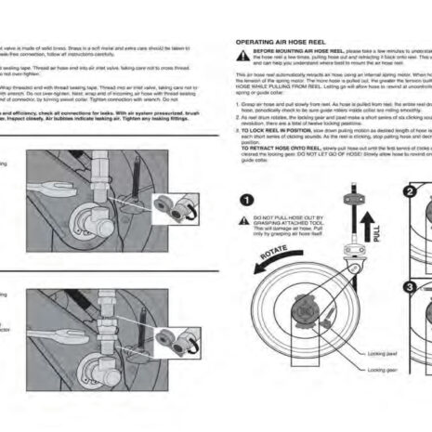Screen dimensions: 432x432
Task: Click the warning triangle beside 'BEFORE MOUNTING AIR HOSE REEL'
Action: [x=242, y=55]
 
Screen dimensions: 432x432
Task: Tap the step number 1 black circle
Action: [x=247, y=199]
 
